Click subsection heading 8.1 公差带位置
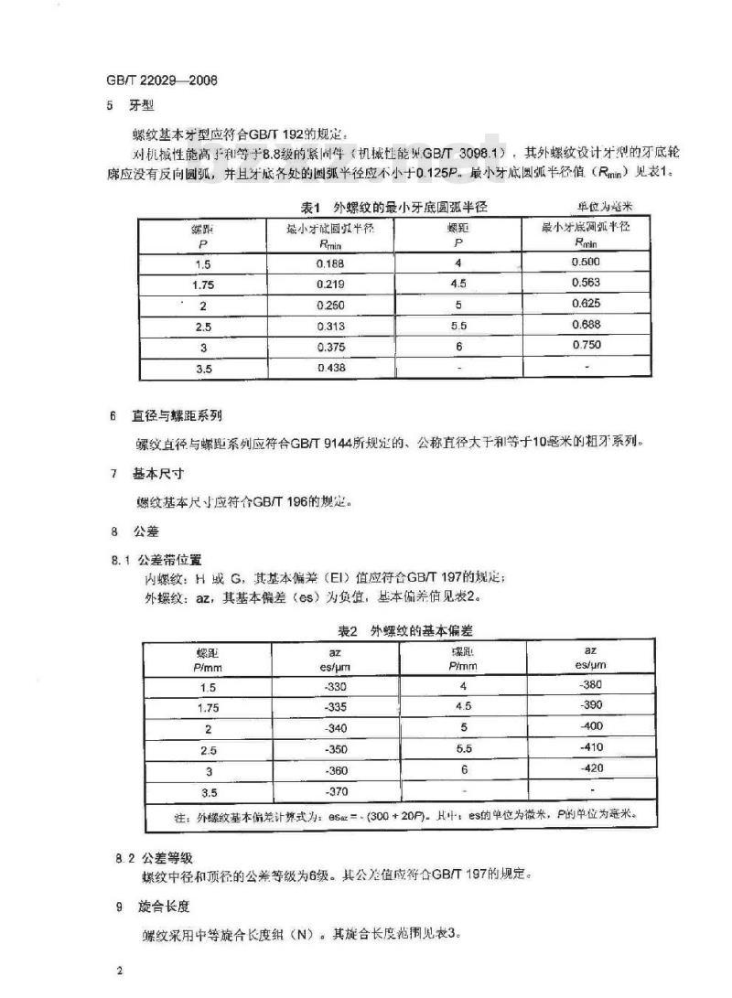coord(156,558)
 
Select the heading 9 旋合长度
coord(146,906)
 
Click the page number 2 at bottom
coord(119,968)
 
